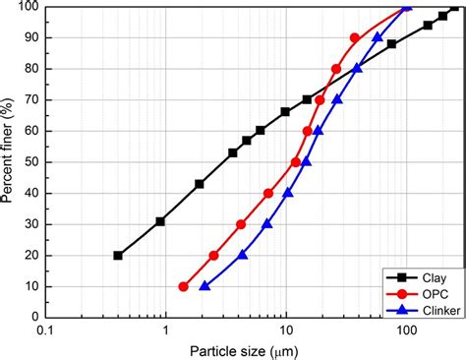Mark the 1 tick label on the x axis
(165, 331)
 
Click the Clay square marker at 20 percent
(118, 256)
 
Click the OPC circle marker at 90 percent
(355, 37)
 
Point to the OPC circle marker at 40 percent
(268, 194)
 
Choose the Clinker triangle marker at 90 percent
(379, 37)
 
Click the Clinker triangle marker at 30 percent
(267, 224)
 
